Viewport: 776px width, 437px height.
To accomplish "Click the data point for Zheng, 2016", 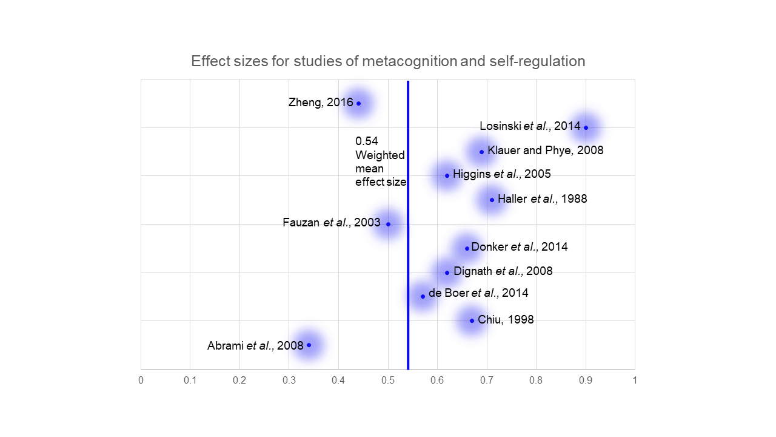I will coord(358,103).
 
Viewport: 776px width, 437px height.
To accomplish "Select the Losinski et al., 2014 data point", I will coord(586,127).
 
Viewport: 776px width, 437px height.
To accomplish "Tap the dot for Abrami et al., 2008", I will coord(309,345).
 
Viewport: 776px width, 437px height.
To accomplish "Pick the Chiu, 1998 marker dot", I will coord(472,320).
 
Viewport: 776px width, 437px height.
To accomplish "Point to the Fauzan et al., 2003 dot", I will coord(388,224).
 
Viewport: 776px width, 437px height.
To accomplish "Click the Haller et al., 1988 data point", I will coord(492,200).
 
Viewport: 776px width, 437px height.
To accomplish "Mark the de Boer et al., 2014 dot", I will coord(423,296).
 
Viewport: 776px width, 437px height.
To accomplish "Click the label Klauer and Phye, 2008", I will coord(545,151).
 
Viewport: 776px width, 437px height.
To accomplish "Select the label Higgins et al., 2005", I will coord(501,175).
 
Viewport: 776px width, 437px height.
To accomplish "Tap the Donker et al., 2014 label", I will coord(519,247).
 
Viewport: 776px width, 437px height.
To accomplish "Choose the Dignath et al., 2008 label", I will coord(503,271).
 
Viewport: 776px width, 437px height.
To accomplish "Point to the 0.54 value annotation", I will coord(366,141).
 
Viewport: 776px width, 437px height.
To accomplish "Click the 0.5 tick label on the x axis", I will coord(388,381).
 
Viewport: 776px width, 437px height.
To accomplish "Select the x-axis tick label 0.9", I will coord(586,381).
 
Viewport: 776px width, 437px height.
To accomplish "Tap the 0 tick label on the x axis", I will coord(141,381).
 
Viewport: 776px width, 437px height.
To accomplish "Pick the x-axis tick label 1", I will coord(635,381).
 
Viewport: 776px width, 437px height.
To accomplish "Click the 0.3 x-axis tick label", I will coord(289,381).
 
